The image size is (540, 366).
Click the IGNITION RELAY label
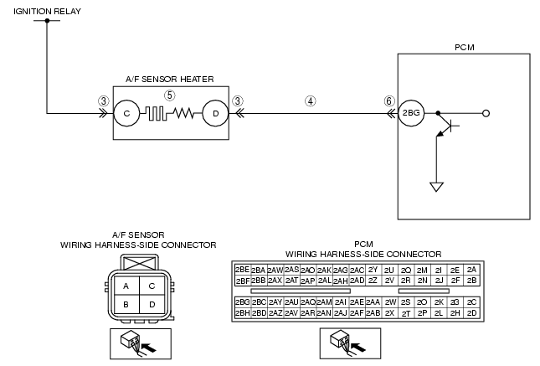pyautogui.click(x=47, y=12)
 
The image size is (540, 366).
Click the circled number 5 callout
pyautogui.click(x=169, y=95)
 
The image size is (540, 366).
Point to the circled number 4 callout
pyautogui.click(x=311, y=101)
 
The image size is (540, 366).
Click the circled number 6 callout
pyautogui.click(x=389, y=101)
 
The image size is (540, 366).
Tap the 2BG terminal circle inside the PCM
pyautogui.click(x=411, y=113)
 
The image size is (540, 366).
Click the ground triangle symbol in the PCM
pyautogui.click(x=436, y=187)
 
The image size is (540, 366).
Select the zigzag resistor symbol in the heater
pyautogui.click(x=183, y=113)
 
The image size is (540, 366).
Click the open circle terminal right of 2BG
pyautogui.click(x=486, y=113)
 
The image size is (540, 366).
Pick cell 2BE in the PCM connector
pyautogui.click(x=243, y=270)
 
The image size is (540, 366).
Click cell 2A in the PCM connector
pyautogui.click(x=472, y=270)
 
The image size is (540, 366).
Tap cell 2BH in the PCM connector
pyautogui.click(x=243, y=313)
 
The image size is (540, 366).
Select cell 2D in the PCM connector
pyautogui.click(x=472, y=313)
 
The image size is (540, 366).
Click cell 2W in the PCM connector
pyautogui.click(x=390, y=302)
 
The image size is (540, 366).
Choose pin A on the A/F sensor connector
pyautogui.click(x=126, y=286)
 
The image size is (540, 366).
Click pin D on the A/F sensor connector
pyautogui.click(x=152, y=304)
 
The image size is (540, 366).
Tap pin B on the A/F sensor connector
pyautogui.click(x=126, y=304)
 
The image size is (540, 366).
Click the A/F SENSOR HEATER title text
pyautogui.click(x=170, y=80)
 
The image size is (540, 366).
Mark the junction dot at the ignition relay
pyautogui.click(x=47, y=21)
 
